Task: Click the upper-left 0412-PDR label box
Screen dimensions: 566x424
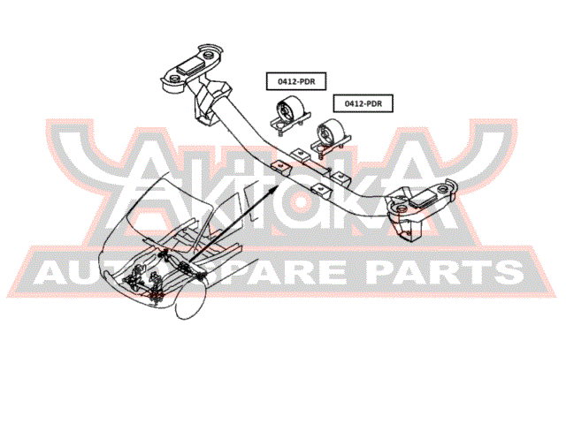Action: click(x=296, y=81)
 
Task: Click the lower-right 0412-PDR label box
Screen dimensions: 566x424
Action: click(x=363, y=104)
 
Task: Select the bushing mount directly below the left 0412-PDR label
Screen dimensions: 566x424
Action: click(x=291, y=114)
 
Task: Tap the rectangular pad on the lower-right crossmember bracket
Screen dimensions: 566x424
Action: click(x=423, y=198)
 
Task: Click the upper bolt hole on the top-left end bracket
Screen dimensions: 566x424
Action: click(x=209, y=56)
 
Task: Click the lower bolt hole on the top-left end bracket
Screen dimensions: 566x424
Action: click(x=173, y=79)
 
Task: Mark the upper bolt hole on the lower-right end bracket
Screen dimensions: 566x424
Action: click(x=443, y=188)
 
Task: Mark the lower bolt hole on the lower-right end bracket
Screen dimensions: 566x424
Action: click(x=401, y=208)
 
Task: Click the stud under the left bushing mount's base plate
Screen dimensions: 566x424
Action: click(x=280, y=134)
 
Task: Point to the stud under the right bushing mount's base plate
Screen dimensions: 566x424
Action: click(x=321, y=156)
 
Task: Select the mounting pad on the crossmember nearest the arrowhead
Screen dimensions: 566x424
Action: click(x=280, y=166)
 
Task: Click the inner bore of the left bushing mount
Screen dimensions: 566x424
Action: click(x=284, y=110)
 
